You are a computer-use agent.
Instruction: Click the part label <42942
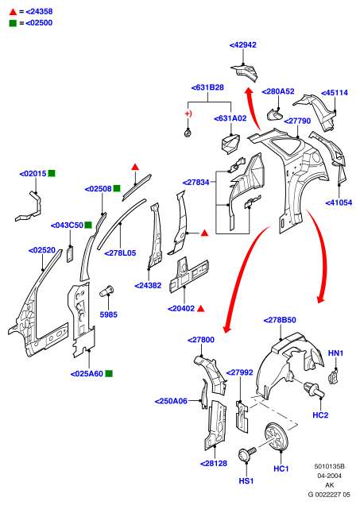pyautogui.click(x=242, y=45)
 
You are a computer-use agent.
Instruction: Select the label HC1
pyautogui.click(x=281, y=468)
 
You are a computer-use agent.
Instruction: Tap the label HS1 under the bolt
pyautogui.click(x=246, y=481)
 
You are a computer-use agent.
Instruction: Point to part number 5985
pyautogui.click(x=109, y=314)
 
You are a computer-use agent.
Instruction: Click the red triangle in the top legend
pyautogui.click(x=13, y=12)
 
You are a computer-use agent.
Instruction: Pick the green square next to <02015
pyautogui.click(x=52, y=174)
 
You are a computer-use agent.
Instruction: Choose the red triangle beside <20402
pyautogui.click(x=201, y=309)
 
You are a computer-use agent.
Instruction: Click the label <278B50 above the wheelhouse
pyautogui.click(x=280, y=320)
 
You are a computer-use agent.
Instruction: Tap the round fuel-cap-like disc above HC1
pyautogui.click(x=276, y=437)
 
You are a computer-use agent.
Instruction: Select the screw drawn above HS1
pyautogui.click(x=247, y=454)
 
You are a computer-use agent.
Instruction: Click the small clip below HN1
pyautogui.click(x=333, y=377)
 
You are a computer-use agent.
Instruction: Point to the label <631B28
pyautogui.click(x=207, y=87)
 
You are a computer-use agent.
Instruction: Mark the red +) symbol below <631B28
pyautogui.click(x=188, y=114)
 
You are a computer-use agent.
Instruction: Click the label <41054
pyautogui.click(x=339, y=203)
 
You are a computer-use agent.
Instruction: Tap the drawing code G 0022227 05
pyautogui.click(x=329, y=495)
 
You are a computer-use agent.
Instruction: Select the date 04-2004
pyautogui.click(x=329, y=476)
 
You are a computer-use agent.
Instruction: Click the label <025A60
pyautogui.click(x=87, y=374)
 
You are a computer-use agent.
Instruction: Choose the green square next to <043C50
pyautogui.click(x=88, y=226)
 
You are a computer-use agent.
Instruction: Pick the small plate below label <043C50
pyautogui.click(x=70, y=254)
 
